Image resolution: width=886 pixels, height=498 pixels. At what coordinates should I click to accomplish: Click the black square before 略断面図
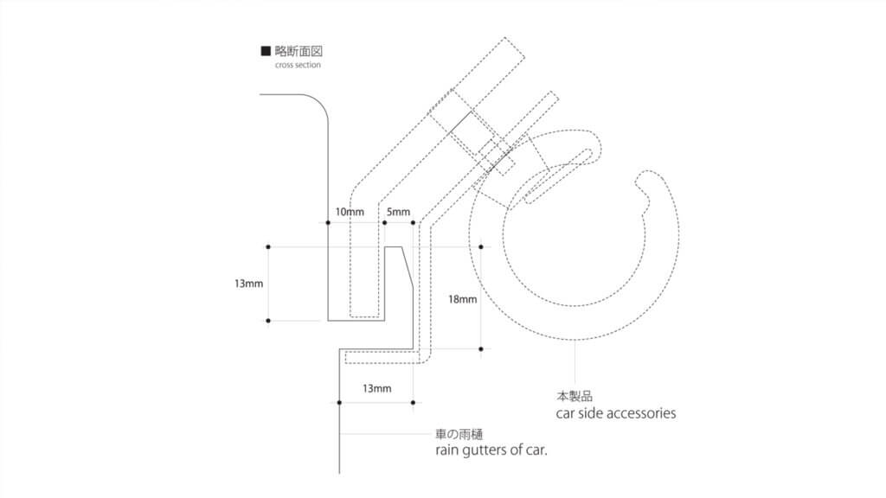point(266,51)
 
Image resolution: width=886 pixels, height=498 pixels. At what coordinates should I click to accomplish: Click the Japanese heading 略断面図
point(299,51)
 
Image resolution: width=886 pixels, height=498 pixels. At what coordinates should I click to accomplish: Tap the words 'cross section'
point(298,65)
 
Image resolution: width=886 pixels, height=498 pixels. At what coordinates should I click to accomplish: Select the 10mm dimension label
point(350,212)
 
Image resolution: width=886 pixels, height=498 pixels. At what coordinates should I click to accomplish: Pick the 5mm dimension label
point(398,212)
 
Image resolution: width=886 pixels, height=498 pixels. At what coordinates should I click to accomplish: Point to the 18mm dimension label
point(462,299)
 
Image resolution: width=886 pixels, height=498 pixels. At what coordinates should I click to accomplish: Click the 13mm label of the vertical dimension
point(248,284)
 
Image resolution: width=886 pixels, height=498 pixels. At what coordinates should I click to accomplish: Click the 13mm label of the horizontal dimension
point(376,388)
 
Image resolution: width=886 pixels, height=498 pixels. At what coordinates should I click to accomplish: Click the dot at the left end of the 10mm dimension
point(328,223)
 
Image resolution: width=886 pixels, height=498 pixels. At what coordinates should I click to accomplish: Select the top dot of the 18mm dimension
point(481,247)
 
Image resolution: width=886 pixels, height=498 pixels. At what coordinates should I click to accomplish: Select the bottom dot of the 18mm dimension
point(481,349)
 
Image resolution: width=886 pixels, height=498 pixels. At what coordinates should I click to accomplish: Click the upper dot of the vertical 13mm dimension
point(268,247)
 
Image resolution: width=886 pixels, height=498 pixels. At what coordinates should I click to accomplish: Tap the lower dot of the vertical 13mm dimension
point(268,321)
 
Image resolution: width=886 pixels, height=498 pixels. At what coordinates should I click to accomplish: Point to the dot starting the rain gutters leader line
point(338,431)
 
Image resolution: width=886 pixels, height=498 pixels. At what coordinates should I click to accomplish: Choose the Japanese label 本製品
point(574,397)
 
